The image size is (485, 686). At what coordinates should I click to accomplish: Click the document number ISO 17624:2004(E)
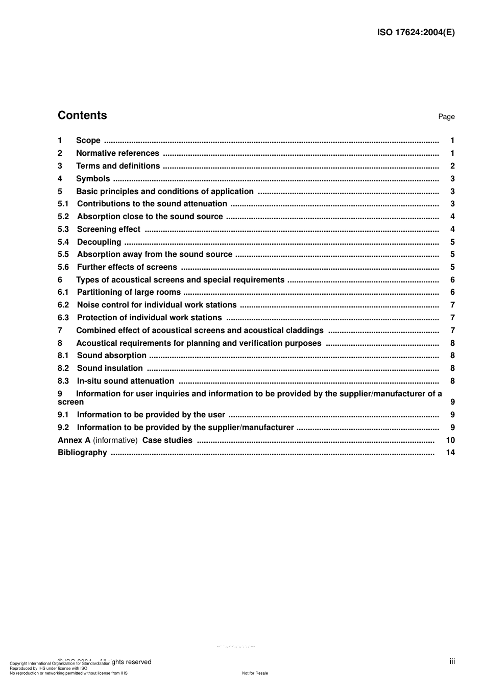pos(416,32)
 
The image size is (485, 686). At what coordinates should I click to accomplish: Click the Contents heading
pos(82,115)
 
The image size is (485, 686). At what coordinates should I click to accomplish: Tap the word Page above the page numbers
pos(446,117)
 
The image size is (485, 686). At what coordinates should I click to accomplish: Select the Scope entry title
pos(88,140)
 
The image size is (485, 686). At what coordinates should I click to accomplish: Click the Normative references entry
pos(117,153)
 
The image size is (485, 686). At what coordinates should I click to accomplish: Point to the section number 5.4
pos(63,242)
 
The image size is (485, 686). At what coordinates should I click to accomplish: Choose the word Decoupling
pos(99,242)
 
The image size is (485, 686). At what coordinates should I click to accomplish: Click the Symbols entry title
pos(93,179)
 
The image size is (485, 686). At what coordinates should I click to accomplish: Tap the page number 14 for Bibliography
pos(450,453)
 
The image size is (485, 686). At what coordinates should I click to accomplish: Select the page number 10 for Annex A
pos(450,440)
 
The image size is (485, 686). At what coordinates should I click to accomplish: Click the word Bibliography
pos(82,453)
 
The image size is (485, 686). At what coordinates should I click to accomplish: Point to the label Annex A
pos(74,440)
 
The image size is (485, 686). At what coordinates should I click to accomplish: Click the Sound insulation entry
pos(110,368)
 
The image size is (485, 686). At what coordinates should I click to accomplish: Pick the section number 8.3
pos(63,381)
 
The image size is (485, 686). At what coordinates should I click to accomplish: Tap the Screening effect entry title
pos(108,229)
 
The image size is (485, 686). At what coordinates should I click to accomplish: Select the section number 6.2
pos(63,305)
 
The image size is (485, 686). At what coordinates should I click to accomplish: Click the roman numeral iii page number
pos(452,661)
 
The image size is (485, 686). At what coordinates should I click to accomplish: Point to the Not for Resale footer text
pos(255,673)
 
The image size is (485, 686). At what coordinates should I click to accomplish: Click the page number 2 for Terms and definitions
pos(452,166)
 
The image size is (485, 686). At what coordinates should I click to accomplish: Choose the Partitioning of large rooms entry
pos(129,292)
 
